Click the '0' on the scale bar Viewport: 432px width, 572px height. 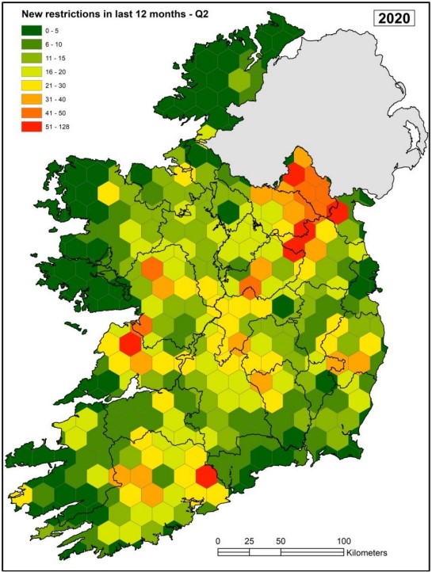[218, 540]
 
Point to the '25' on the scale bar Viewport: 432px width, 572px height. [249, 540]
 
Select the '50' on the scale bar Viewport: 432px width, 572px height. [281, 540]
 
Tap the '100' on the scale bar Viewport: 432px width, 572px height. [343, 540]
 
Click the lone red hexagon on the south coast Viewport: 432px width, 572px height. [206, 476]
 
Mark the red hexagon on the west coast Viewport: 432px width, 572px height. [131, 345]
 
